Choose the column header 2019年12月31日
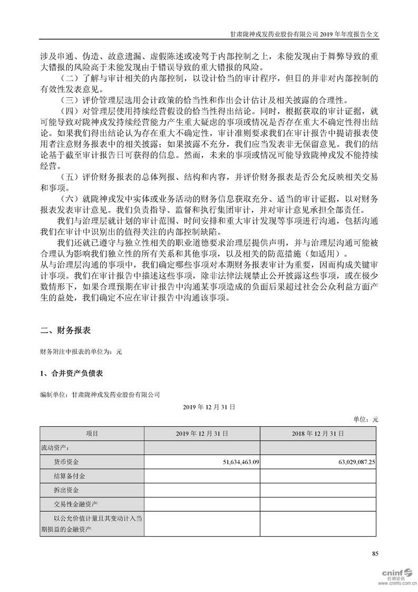[202, 433]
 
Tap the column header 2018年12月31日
[318, 433]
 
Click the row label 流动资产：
[55, 447]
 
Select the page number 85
[375, 553]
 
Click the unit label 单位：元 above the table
[365, 419]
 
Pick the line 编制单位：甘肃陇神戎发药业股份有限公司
[100, 394]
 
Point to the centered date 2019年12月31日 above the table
[209, 407]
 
